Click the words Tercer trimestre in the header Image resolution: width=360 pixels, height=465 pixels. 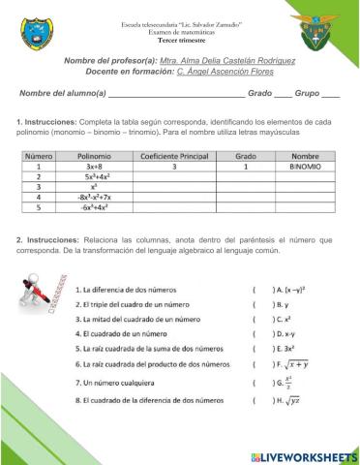[x=179, y=40]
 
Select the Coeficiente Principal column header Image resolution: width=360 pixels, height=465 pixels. [x=175, y=155]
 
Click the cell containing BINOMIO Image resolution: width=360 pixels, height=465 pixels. [x=305, y=167]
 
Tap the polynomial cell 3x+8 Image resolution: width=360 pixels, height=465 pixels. [x=95, y=167]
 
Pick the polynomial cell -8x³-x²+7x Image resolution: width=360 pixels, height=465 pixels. [x=95, y=197]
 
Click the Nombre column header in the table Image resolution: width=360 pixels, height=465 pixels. [x=305, y=155]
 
